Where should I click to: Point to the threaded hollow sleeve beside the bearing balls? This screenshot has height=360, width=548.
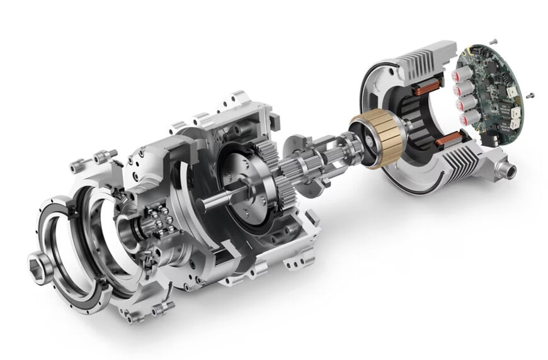pyautogui.click(x=130, y=229)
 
